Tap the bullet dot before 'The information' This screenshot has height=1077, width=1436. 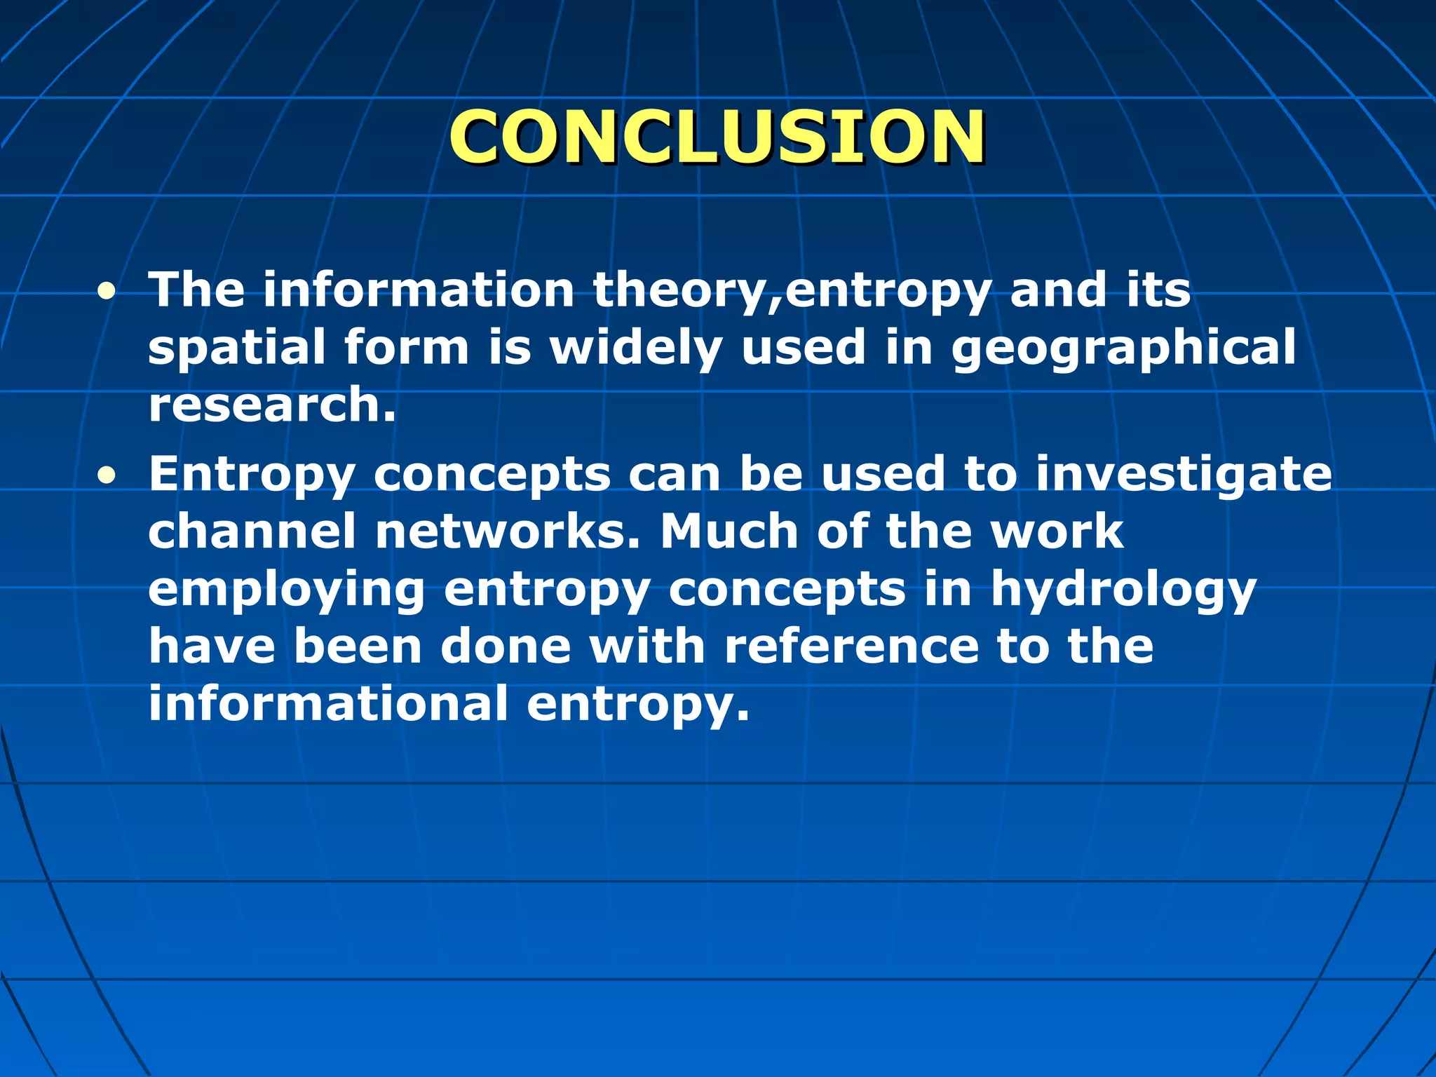[x=107, y=292]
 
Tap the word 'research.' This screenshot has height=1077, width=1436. [x=272, y=405]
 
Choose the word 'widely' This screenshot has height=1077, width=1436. [x=635, y=348]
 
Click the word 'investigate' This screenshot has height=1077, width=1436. [x=1184, y=474]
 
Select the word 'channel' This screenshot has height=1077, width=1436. [x=252, y=531]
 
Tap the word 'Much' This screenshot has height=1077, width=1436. [x=729, y=531]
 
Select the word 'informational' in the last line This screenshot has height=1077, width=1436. [x=328, y=704]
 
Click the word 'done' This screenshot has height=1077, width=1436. [x=506, y=646]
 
